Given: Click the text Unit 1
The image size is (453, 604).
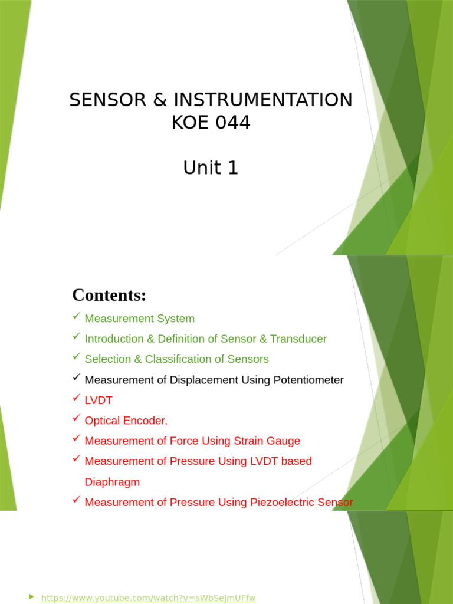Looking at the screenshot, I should click(x=211, y=168).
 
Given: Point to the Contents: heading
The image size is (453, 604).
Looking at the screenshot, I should click(x=109, y=295).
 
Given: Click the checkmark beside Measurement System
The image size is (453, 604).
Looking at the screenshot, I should click(x=76, y=317).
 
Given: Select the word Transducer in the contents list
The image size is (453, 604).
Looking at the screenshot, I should click(x=298, y=339).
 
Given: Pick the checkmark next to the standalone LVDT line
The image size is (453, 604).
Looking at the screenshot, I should click(x=76, y=399).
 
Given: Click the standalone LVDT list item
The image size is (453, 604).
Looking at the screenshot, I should click(x=99, y=401).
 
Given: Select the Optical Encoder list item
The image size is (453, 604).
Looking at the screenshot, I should click(x=126, y=421).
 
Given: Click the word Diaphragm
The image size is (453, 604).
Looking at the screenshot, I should click(x=113, y=482).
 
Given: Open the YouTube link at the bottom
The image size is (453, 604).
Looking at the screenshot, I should click(x=148, y=598).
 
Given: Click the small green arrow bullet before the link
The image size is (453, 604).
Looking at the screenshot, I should click(x=31, y=597).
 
